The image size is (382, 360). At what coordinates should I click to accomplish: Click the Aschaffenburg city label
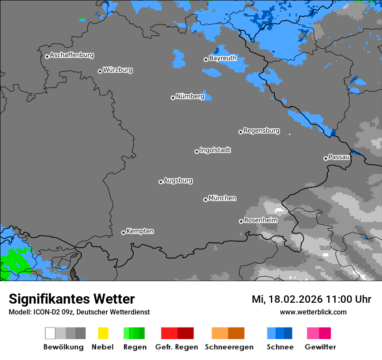point(72,55)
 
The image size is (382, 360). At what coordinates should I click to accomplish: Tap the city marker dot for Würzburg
point(100,71)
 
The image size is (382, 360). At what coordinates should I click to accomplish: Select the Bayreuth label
point(223,58)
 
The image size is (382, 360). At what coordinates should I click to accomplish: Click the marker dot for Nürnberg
point(173,98)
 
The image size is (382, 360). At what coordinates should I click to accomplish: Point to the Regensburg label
point(261,131)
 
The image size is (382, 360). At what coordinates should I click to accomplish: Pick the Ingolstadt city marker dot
point(197,151)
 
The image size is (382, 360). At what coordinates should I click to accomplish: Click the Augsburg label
point(178,180)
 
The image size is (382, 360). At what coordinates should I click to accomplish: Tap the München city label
point(222,198)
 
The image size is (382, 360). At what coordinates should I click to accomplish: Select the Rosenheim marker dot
point(241,221)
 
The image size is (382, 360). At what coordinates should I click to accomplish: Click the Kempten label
point(140,231)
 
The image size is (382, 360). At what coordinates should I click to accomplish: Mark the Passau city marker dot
point(326,158)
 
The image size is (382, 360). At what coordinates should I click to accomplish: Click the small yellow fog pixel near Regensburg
point(290,134)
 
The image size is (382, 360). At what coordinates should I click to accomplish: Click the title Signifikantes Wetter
point(72,299)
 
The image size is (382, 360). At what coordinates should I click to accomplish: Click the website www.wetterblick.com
point(313,312)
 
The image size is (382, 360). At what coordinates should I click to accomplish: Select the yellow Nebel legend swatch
point(103,333)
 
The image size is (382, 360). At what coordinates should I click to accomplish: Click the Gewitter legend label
point(320,347)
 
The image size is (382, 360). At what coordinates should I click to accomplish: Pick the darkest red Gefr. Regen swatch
point(185,333)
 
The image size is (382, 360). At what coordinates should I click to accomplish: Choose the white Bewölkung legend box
point(50,333)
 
